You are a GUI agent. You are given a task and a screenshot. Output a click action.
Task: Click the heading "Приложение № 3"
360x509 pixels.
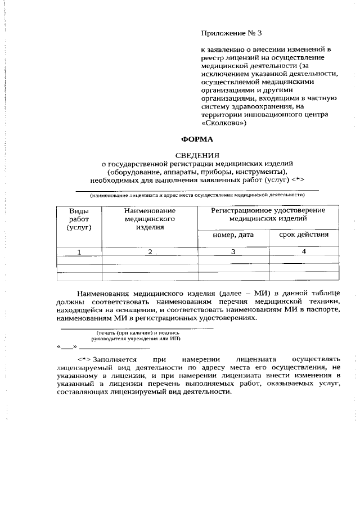[232, 33]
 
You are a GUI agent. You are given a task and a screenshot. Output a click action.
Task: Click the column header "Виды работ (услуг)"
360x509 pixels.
[79, 219]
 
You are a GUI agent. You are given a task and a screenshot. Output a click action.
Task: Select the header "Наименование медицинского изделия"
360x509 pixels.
[149, 219]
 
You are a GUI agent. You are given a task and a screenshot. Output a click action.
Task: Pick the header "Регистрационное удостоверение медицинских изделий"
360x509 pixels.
[268, 214]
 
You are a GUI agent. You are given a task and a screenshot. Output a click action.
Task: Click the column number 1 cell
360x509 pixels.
[79, 252]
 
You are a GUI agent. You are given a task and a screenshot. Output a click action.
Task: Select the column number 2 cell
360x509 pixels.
[150, 252]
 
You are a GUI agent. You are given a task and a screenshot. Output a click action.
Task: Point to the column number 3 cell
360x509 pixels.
[232, 252]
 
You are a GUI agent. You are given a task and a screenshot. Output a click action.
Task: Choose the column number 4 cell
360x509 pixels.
[304, 251]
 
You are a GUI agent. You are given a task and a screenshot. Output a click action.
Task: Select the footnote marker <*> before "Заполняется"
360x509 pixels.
[84, 359]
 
